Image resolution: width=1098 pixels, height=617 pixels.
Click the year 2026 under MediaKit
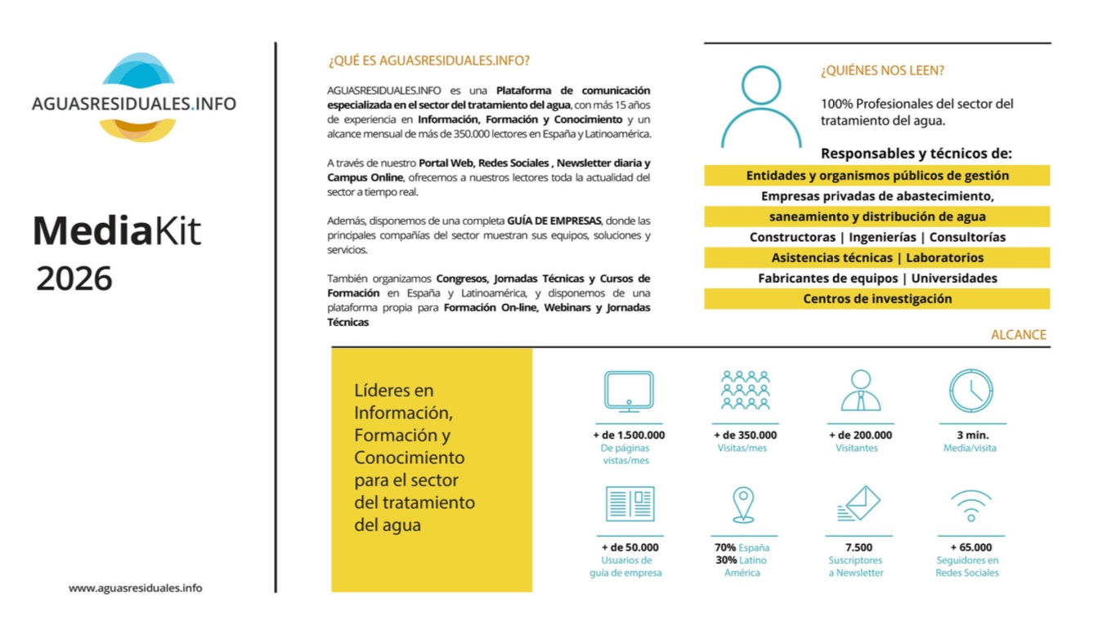(x=74, y=279)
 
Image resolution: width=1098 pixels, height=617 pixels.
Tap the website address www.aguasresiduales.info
(x=135, y=588)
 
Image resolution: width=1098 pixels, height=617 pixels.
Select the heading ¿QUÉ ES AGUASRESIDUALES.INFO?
(x=428, y=60)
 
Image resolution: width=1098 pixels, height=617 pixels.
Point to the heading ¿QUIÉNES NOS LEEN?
(x=882, y=71)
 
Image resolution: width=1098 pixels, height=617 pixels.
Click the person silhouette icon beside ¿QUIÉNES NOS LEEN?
(x=761, y=105)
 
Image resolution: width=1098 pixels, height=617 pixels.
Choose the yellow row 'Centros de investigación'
(x=876, y=299)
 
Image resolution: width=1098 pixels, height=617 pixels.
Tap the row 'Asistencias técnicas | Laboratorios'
(x=876, y=257)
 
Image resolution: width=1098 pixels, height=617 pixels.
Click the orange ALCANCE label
(x=1018, y=334)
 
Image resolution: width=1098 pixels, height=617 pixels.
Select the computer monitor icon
(x=628, y=391)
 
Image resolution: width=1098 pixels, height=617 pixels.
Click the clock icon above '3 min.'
(x=970, y=391)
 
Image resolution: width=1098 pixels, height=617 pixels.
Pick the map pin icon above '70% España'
(x=742, y=504)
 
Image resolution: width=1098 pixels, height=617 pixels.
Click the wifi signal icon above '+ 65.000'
(x=970, y=506)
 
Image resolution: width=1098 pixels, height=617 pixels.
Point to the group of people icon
(x=745, y=390)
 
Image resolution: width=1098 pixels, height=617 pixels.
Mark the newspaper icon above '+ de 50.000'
(x=630, y=504)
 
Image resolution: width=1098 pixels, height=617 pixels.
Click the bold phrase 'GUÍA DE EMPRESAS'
(x=555, y=221)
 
